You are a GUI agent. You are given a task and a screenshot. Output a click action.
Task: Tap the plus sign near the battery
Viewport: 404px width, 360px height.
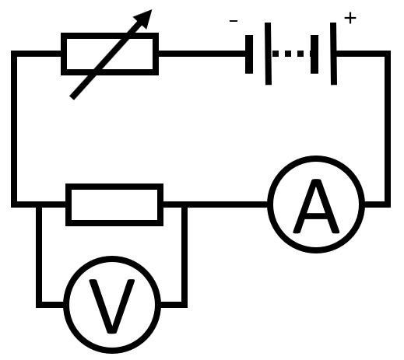coord(350,18)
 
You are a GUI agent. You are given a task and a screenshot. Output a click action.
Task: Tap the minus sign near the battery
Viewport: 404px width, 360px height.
coord(234,21)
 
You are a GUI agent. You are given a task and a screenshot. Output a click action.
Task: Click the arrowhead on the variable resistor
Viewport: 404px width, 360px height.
coord(144,18)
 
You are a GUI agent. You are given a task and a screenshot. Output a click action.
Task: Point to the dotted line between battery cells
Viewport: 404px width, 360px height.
coord(291,54)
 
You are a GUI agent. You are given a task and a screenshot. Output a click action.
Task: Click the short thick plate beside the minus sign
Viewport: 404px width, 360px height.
coord(249,54)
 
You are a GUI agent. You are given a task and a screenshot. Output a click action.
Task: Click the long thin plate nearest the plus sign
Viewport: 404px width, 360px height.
coord(334,54)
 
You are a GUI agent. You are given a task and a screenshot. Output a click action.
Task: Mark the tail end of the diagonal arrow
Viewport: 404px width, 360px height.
coord(72,98)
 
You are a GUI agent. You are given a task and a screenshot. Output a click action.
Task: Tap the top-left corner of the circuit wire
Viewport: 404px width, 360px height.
coord(14,54)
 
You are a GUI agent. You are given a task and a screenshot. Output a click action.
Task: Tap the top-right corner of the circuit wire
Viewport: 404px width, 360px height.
coord(388,54)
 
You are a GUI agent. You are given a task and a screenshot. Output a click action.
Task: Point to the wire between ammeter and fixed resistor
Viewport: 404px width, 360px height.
coord(216,204)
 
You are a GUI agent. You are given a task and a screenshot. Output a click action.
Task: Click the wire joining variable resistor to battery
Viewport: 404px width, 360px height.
coord(202,54)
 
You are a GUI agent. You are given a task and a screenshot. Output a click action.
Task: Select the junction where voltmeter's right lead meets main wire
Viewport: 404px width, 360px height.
coord(184,204)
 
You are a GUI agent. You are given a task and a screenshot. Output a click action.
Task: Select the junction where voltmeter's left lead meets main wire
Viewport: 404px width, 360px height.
coord(39,204)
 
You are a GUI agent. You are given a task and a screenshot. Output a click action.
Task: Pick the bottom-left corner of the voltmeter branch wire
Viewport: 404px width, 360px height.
coord(39,305)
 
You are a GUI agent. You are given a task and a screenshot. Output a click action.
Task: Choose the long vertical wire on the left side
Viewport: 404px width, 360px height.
coord(14,129)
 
